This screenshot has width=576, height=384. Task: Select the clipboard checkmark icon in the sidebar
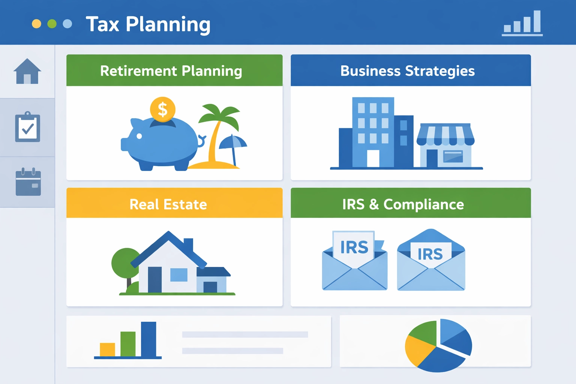(27, 127)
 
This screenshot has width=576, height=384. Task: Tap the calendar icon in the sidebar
(28, 182)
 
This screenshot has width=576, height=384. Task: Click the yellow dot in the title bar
(36, 24)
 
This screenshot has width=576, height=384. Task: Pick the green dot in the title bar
(52, 24)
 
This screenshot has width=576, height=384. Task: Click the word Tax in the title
(102, 24)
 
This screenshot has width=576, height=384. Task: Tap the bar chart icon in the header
(522, 23)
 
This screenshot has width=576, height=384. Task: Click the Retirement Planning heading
(171, 71)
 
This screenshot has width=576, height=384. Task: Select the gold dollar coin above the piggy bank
(162, 109)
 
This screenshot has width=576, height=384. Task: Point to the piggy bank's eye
(139, 136)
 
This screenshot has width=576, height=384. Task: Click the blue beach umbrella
(233, 142)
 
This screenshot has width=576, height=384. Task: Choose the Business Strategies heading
(408, 71)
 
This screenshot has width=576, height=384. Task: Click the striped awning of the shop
(445, 135)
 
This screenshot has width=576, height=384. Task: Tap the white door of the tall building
(373, 158)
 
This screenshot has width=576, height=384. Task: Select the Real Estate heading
(168, 204)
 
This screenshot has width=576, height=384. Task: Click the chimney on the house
(188, 245)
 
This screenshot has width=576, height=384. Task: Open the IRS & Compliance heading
(403, 204)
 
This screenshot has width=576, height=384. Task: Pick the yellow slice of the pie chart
(417, 349)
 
